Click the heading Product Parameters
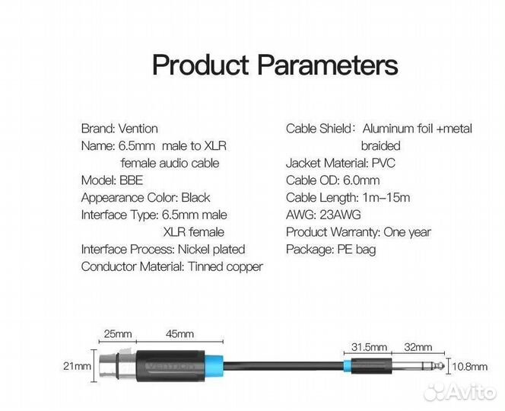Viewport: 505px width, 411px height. pyautogui.click(x=275, y=65)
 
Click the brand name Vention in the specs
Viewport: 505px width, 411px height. pyautogui.click(x=138, y=129)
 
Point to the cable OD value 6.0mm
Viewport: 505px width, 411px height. pyautogui.click(x=359, y=180)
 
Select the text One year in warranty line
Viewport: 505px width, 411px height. pyautogui.click(x=407, y=232)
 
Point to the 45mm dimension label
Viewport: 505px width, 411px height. pyautogui.click(x=179, y=333)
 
